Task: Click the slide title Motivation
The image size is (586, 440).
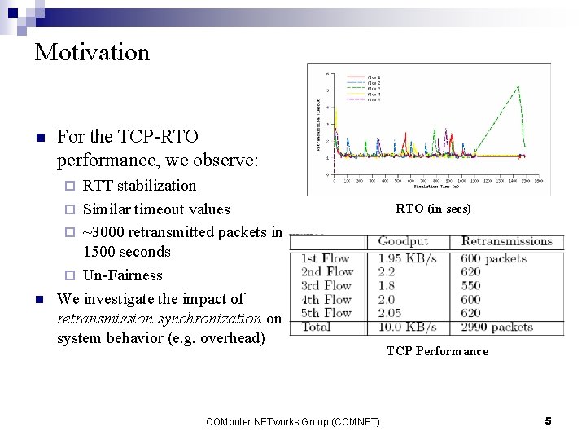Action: coord(92,53)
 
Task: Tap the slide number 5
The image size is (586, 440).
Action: coord(548,420)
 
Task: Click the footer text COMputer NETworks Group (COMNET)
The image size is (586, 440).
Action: coord(292,421)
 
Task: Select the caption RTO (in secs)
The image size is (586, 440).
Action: coord(433,209)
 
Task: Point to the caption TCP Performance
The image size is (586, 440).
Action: coord(437,351)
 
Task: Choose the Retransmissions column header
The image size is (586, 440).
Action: coord(506,241)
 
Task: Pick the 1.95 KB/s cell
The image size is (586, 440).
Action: coord(407,258)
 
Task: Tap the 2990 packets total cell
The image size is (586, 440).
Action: coord(496,327)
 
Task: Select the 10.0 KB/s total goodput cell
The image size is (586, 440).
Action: coord(407,327)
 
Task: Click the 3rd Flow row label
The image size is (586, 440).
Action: coord(327,286)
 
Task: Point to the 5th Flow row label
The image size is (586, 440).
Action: coord(327,313)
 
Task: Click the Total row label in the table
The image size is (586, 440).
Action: coord(317,327)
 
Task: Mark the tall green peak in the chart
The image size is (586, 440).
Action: coord(518,86)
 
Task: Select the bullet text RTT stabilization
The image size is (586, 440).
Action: coord(140,186)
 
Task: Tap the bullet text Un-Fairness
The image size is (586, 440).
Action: coord(123,275)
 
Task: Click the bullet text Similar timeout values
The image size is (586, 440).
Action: coord(156,209)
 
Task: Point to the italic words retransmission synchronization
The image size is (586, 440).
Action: coord(160,319)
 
